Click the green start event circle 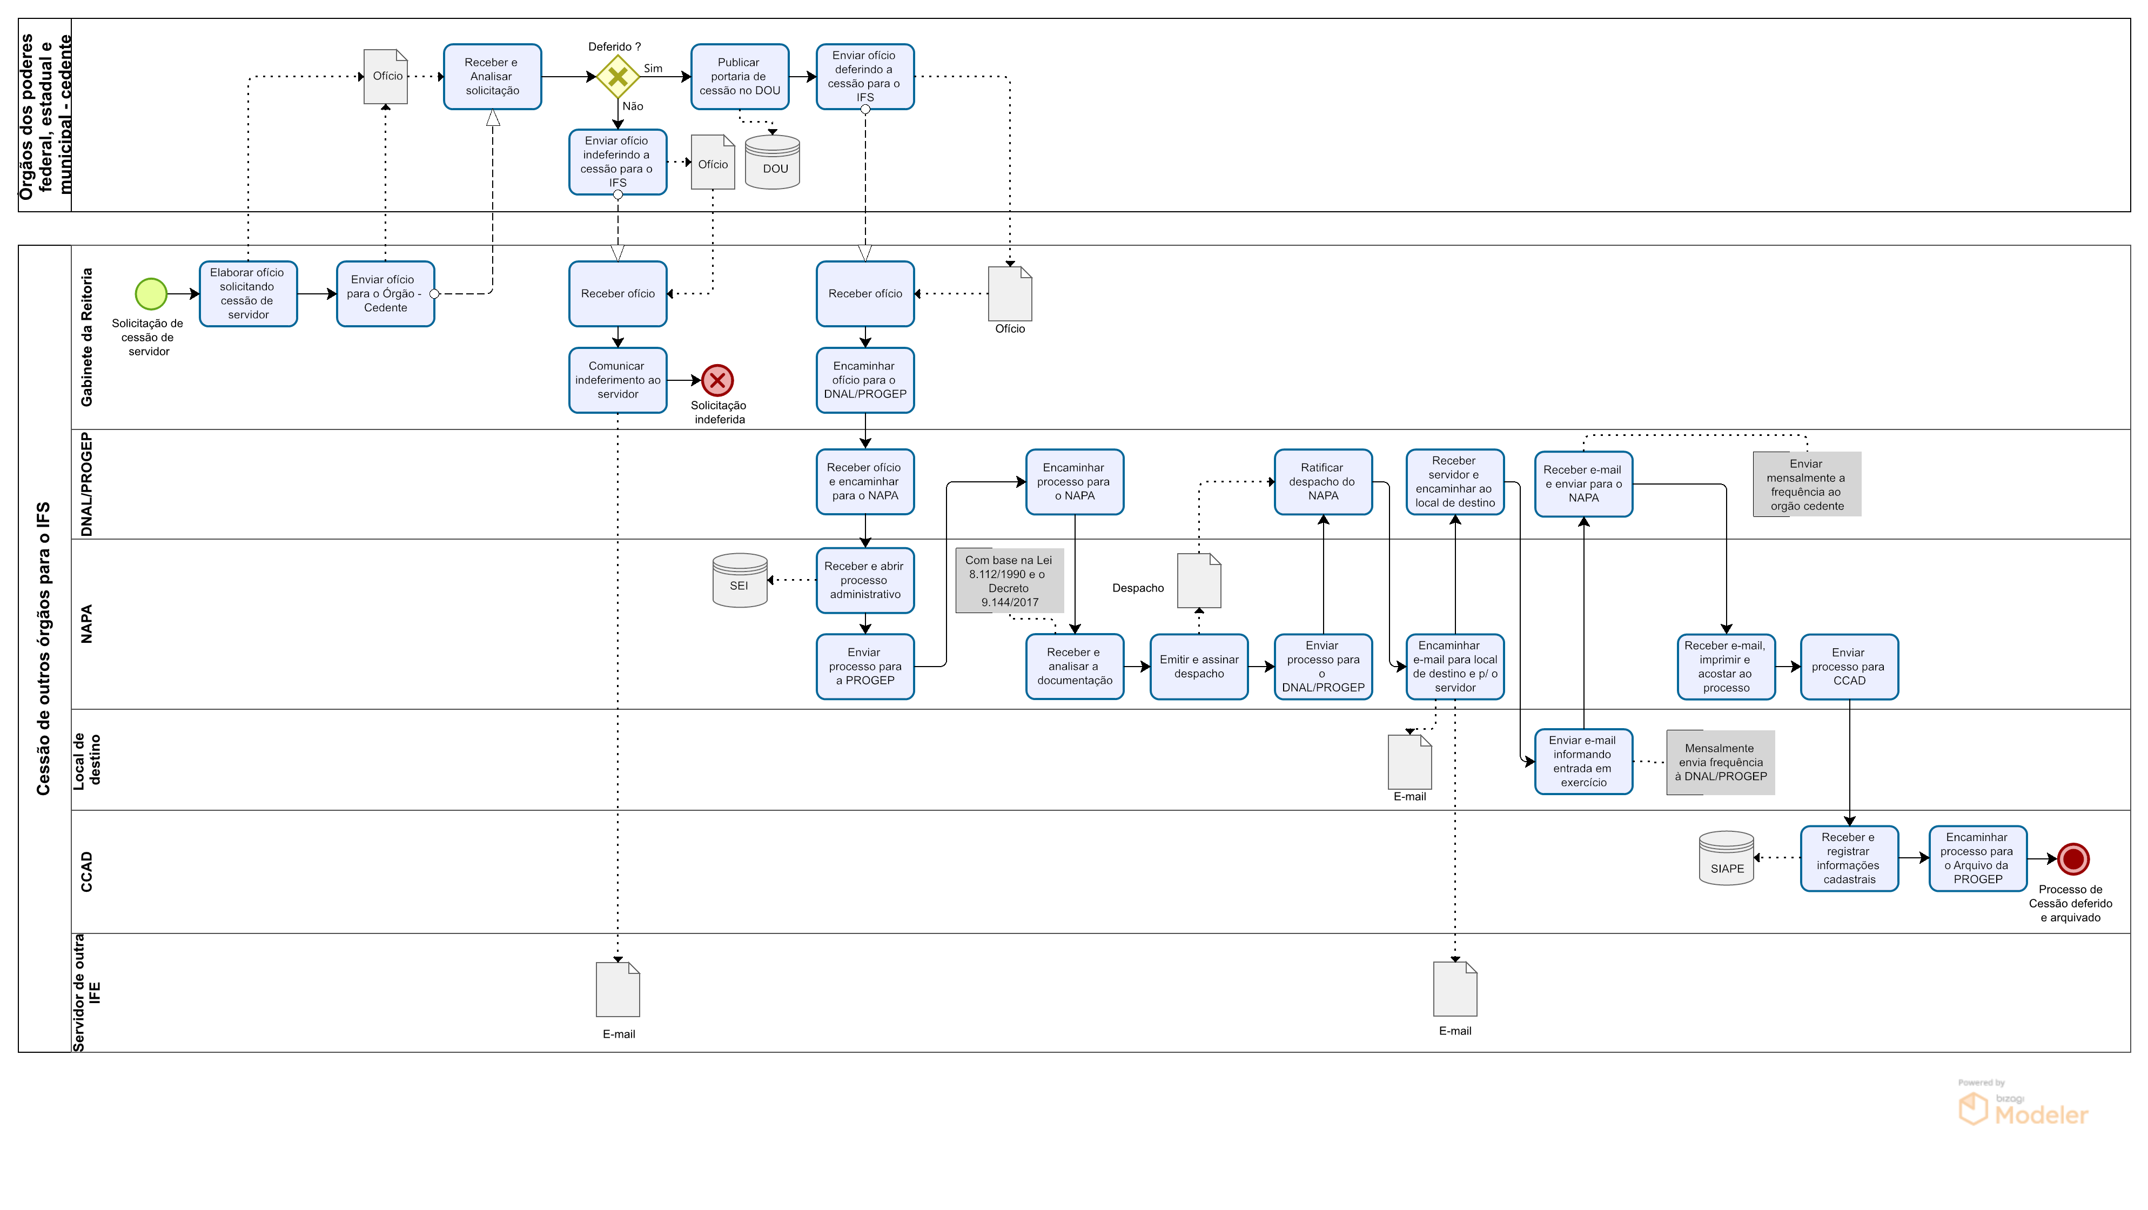click(x=151, y=293)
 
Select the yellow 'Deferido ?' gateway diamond click(x=618, y=77)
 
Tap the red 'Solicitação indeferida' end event click(x=717, y=380)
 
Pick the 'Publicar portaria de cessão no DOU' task click(x=740, y=77)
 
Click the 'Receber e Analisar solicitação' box click(x=492, y=77)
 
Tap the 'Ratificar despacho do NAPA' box click(x=1323, y=482)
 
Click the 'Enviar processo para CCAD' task click(x=1849, y=666)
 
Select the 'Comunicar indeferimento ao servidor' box click(x=618, y=380)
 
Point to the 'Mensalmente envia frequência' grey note click(x=1720, y=762)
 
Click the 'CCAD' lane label click(x=87, y=871)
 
